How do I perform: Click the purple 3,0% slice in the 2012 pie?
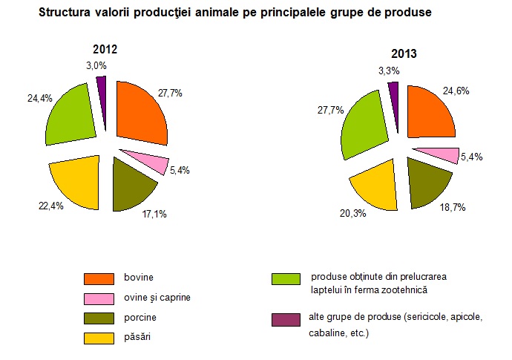click(102, 91)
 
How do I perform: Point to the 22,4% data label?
click(50, 206)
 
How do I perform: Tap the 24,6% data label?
click(456, 91)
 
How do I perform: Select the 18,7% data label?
click(453, 208)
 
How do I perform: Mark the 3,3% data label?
click(389, 71)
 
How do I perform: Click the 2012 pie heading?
click(105, 49)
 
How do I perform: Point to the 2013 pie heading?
click(404, 53)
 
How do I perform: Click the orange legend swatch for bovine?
click(99, 278)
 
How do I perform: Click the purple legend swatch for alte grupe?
click(286, 320)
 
